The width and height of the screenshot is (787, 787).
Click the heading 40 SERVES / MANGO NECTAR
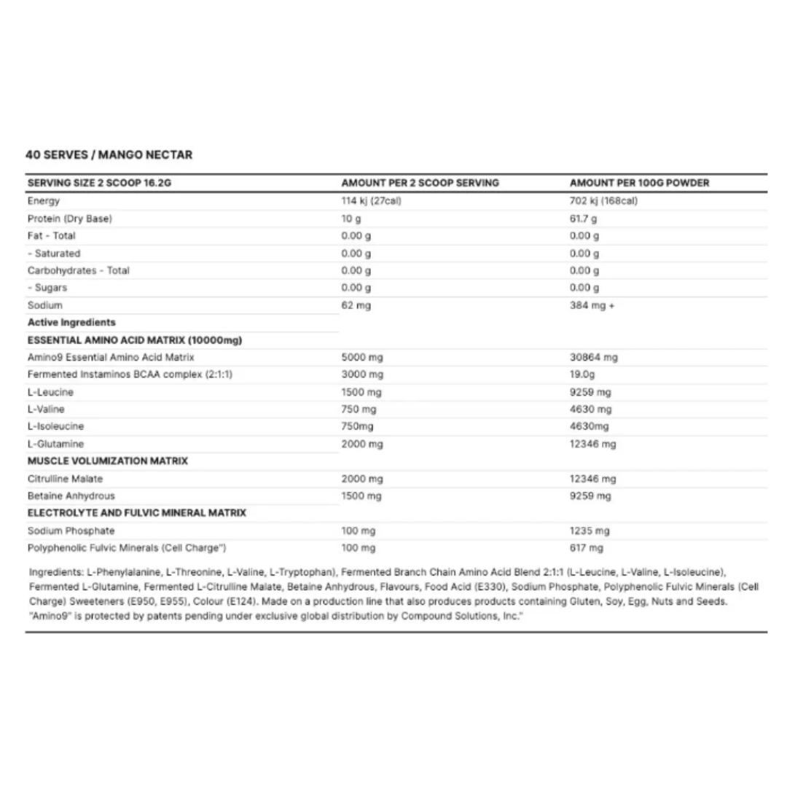point(109,154)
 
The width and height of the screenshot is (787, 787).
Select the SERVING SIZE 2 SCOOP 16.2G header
point(99,183)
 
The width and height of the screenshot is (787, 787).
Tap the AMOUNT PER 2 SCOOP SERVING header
point(420,183)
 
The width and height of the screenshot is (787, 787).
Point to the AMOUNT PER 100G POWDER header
point(639,183)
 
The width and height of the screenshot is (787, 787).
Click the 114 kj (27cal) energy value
point(371,201)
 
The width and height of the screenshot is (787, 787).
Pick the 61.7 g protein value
point(583,219)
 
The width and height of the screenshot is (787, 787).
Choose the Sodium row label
point(44,305)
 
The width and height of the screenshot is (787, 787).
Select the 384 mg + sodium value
point(592,305)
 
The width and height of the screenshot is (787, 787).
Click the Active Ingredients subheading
point(71,322)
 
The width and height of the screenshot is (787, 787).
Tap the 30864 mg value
point(593,357)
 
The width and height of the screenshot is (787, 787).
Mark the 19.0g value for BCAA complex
point(584,375)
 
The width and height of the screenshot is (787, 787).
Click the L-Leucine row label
point(50,392)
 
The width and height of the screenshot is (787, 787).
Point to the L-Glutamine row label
point(55,444)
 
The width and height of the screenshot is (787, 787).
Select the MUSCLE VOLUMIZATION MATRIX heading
point(107,461)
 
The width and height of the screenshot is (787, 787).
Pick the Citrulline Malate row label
point(65,479)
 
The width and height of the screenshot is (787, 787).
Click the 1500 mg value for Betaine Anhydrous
point(361,496)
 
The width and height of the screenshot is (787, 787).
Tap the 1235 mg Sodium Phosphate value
point(590,530)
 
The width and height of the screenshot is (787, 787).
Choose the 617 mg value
point(587,548)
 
